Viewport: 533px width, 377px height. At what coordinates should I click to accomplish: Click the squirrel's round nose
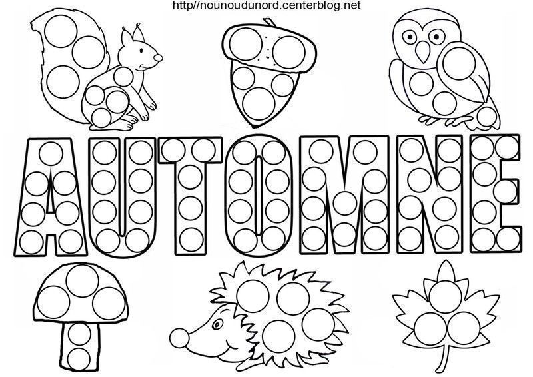pyautogui.click(x=158, y=57)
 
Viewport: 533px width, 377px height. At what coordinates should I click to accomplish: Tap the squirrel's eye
pyautogui.click(x=141, y=51)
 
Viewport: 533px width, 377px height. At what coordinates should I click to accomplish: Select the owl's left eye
pyautogui.click(x=410, y=36)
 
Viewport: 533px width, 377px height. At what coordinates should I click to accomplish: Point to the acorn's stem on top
pyautogui.click(x=270, y=23)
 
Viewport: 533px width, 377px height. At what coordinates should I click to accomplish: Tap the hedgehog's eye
pyautogui.click(x=216, y=324)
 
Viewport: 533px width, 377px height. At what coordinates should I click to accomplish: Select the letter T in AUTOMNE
pyautogui.click(x=189, y=196)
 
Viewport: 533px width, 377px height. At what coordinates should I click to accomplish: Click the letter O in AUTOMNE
pyautogui.click(x=259, y=195)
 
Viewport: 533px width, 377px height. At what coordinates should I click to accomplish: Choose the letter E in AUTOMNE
pyautogui.click(x=496, y=194)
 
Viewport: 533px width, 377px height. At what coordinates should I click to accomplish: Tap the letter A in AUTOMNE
pyautogui.click(x=51, y=196)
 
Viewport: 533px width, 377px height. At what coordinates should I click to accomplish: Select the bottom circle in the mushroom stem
pyautogui.click(x=79, y=358)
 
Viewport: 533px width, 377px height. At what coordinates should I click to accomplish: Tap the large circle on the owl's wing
pyautogui.click(x=460, y=63)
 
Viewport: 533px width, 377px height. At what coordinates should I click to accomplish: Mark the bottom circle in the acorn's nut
pyautogui.click(x=259, y=102)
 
